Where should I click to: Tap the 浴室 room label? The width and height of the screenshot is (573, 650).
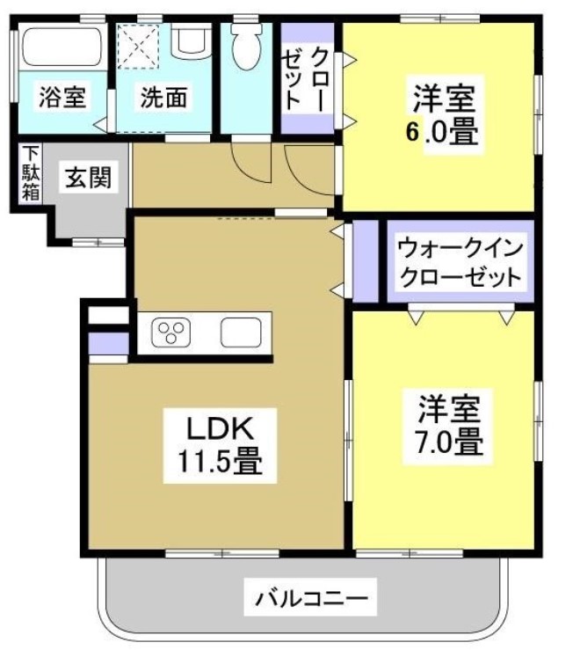(x=62, y=97)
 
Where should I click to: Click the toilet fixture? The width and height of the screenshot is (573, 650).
(x=246, y=48)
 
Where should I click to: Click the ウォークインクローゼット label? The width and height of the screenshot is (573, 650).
(x=460, y=262)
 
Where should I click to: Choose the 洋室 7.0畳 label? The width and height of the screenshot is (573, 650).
(x=448, y=425)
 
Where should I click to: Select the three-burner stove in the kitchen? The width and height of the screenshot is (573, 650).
(x=170, y=332)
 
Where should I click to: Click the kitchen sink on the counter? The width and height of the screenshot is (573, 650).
(x=239, y=332)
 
